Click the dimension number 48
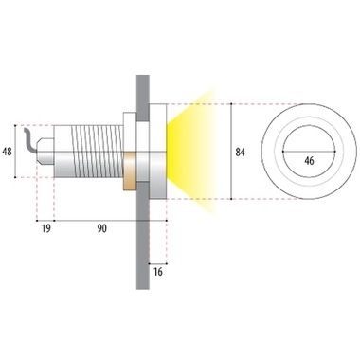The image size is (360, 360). (x=7, y=152)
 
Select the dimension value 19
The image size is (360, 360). (x=46, y=228)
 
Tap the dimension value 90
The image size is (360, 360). (x=101, y=228)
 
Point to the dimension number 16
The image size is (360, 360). (x=158, y=271)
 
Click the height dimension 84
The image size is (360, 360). (x=241, y=153)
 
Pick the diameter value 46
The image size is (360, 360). (x=309, y=161)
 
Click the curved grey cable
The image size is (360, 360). (x=29, y=141)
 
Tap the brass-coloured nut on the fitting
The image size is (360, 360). (x=130, y=171)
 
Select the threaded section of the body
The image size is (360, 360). (x=97, y=151)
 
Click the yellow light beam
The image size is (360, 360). (x=191, y=153)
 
